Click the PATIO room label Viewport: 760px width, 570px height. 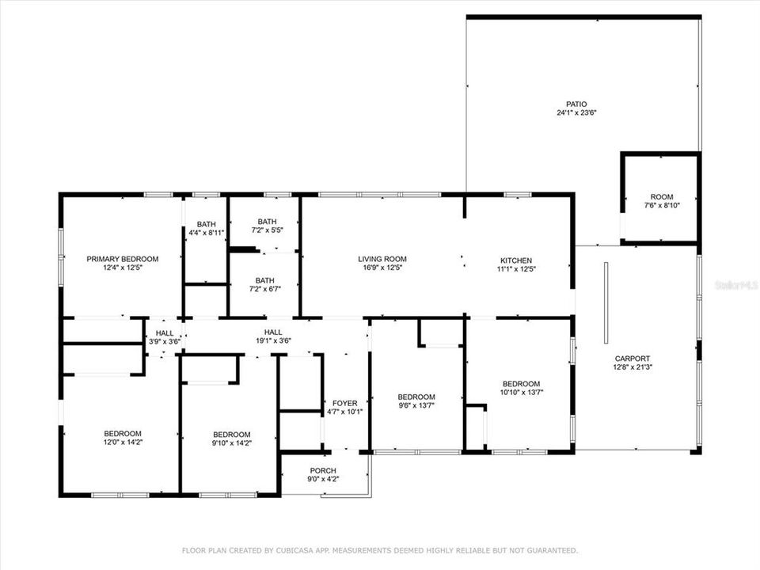(x=576, y=104)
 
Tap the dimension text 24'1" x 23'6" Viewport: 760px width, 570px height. (x=576, y=112)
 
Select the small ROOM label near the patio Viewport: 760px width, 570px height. (x=661, y=196)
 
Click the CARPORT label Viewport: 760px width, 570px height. (x=631, y=358)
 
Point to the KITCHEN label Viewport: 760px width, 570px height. (x=515, y=260)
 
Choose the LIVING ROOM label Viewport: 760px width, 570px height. (x=382, y=259)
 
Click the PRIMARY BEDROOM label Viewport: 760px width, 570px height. (x=122, y=259)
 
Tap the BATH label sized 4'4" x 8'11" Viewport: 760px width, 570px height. (x=206, y=224)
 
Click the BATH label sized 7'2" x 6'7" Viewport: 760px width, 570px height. (x=264, y=280)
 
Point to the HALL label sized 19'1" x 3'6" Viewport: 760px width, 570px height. (x=273, y=332)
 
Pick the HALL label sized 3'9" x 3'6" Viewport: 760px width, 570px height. (x=164, y=333)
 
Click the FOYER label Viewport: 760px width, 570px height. (x=344, y=403)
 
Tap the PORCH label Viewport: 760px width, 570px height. (x=323, y=471)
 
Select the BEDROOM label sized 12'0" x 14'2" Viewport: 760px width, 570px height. (x=122, y=433)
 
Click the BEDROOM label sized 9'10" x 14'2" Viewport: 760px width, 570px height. (x=231, y=435)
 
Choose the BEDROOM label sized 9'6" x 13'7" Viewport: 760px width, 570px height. (x=416, y=397)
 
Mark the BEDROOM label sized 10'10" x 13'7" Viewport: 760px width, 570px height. (x=521, y=383)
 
